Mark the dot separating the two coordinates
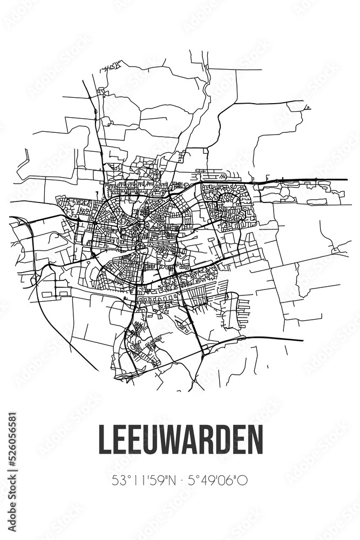tap(180, 479)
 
